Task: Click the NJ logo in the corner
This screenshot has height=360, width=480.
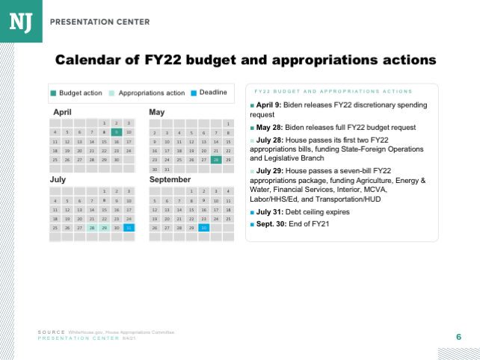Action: pyautogui.click(x=20, y=21)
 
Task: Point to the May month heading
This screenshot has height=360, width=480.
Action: pyautogui.click(x=157, y=112)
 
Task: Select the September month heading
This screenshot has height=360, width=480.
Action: pyautogui.click(x=170, y=180)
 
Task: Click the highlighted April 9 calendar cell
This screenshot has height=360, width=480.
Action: pyautogui.click(x=116, y=132)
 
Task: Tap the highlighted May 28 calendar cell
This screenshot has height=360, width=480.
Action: pyautogui.click(x=215, y=160)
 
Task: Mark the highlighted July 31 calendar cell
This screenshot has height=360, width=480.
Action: pyautogui.click(x=129, y=228)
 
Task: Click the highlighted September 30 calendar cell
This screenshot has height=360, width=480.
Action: pyautogui.click(x=203, y=228)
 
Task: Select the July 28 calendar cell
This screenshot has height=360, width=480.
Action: pyautogui.click(x=91, y=228)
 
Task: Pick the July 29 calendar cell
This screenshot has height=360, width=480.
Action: pyautogui.click(x=104, y=228)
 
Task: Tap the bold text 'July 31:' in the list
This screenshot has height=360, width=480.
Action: pyautogui.click(x=269, y=212)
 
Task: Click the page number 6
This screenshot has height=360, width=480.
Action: pyautogui.click(x=458, y=338)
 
